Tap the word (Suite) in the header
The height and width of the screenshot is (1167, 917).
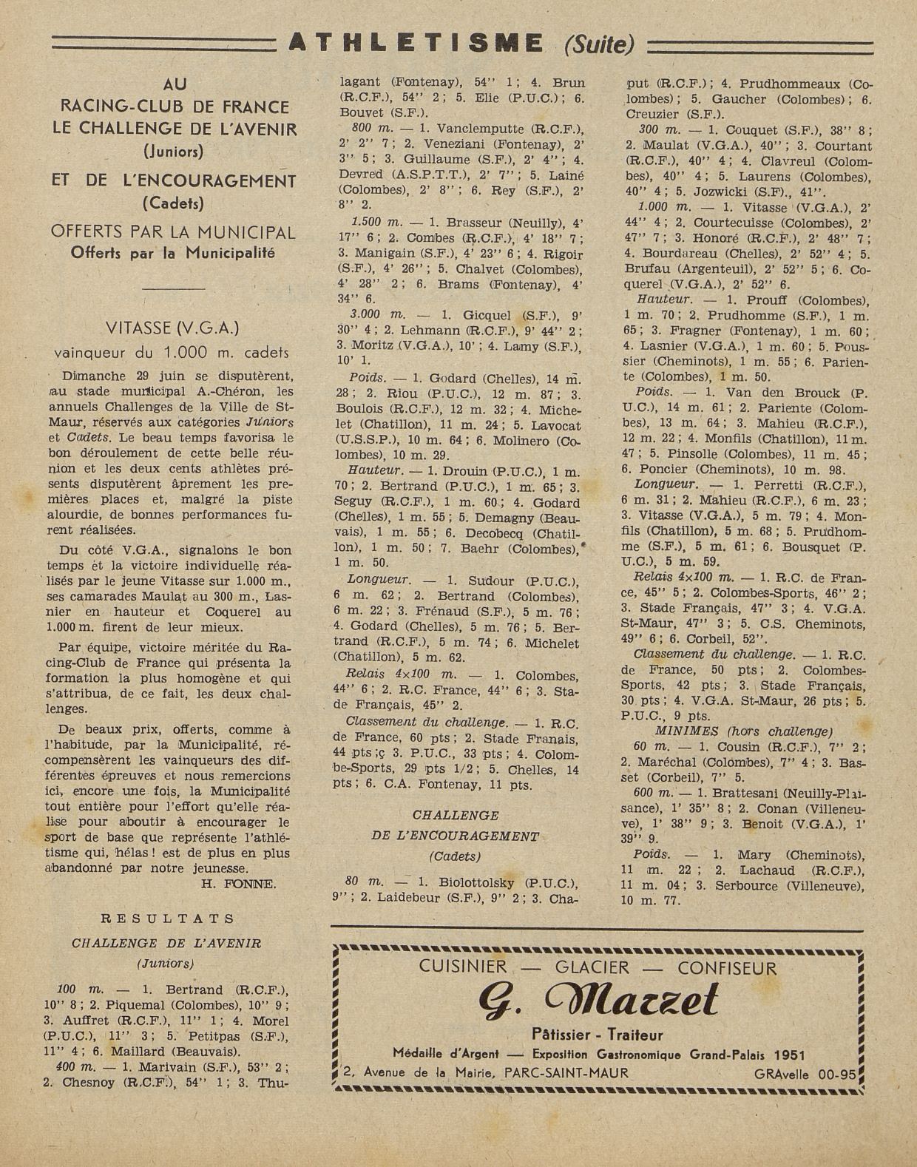click(599, 45)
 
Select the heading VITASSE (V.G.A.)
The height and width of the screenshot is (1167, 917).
click(172, 328)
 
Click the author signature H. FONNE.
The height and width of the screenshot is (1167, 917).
click(238, 884)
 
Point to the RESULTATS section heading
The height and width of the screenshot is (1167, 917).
click(168, 919)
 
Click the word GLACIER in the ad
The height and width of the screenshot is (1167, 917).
click(592, 967)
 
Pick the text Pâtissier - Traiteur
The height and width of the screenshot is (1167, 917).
click(598, 1035)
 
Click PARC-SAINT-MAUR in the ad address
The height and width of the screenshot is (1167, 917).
click(566, 1073)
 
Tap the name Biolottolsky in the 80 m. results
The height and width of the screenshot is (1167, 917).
click(481, 882)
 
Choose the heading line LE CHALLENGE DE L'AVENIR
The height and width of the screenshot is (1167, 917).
click(175, 129)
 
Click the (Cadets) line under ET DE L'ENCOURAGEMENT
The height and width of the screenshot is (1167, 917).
click(173, 202)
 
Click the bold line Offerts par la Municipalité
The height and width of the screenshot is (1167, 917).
click(173, 253)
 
